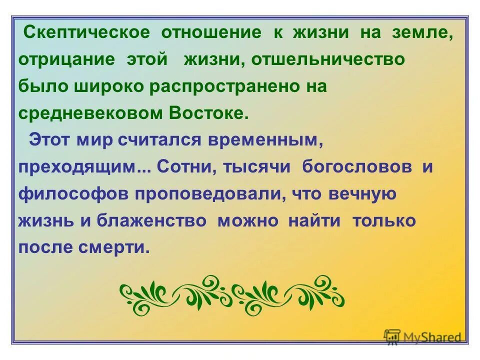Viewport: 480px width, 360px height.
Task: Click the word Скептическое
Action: click(87, 33)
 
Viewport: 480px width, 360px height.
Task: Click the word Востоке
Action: click(208, 112)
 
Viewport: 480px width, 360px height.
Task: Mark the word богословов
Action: click(357, 166)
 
